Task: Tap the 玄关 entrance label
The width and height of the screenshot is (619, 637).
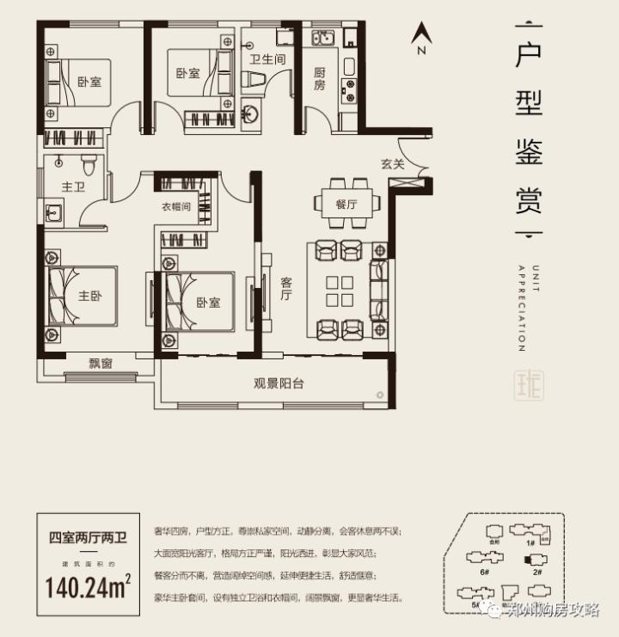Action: coord(393,164)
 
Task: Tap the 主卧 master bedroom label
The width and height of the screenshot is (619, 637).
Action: coord(90,296)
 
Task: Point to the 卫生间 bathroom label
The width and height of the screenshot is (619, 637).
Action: coord(267,59)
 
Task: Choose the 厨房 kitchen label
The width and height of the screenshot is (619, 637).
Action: coord(319,79)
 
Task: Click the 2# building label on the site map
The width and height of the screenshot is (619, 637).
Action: coord(537,571)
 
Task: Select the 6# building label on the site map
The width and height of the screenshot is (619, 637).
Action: coord(485,571)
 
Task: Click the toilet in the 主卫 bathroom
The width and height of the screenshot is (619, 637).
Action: coord(86,161)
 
